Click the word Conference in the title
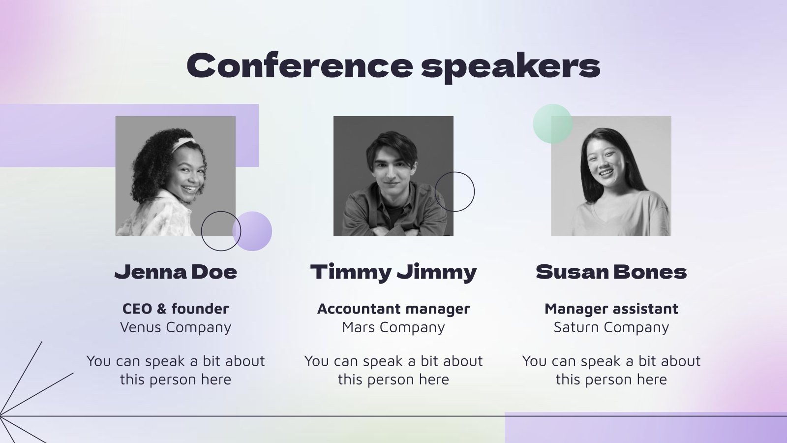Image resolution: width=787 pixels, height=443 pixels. (299, 65)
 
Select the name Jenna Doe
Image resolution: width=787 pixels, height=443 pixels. (176, 272)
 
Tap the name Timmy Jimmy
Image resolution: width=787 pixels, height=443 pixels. (393, 272)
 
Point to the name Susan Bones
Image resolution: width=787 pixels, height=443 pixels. (611, 272)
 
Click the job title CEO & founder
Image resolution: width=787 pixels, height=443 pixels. (176, 309)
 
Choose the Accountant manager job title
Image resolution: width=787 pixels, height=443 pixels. (393, 309)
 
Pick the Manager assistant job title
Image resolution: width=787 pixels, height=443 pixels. (611, 309)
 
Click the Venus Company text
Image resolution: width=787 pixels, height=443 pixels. (176, 327)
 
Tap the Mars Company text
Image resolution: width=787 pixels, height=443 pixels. (393, 327)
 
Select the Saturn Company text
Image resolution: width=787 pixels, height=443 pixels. (611, 327)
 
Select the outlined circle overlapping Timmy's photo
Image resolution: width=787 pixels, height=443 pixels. (455, 191)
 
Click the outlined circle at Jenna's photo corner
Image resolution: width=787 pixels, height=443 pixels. (221, 231)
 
